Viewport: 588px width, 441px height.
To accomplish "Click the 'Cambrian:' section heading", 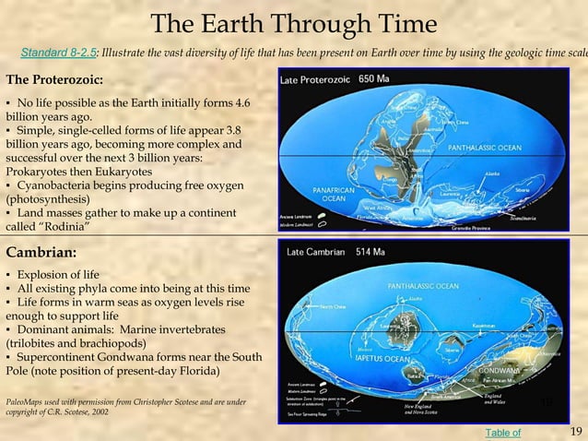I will (41, 251).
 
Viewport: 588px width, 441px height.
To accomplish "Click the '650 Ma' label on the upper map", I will (373, 78).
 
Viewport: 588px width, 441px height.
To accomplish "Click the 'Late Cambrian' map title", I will (316, 251).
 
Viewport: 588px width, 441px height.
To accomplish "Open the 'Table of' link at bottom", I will (502, 432).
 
